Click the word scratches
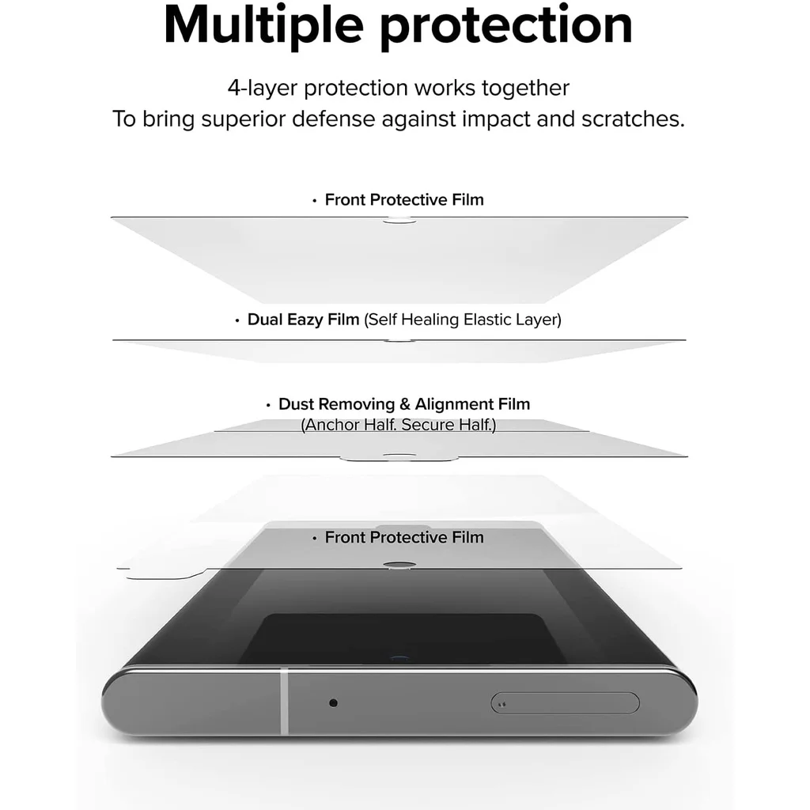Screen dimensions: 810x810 click(632, 119)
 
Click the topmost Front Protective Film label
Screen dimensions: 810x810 click(404, 199)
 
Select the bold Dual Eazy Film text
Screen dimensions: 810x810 click(303, 320)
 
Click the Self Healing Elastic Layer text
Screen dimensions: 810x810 click(463, 320)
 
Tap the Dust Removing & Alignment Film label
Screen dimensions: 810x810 click(404, 404)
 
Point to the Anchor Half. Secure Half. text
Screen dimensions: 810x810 click(399, 425)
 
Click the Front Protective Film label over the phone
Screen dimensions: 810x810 click(404, 537)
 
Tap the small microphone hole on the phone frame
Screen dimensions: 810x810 click(333, 702)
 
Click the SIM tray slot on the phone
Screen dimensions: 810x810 click(565, 702)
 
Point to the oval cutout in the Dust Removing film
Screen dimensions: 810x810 click(399, 456)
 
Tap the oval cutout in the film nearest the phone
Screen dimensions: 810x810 click(399, 566)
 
